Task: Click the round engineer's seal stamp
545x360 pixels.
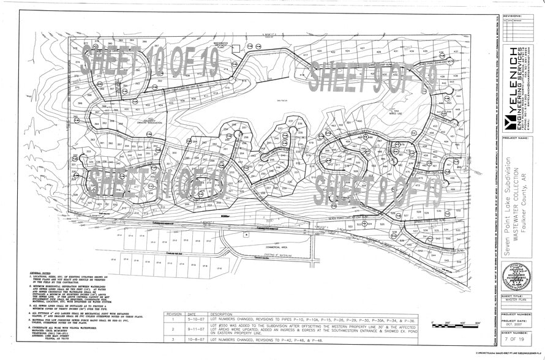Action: click(x=516, y=276)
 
